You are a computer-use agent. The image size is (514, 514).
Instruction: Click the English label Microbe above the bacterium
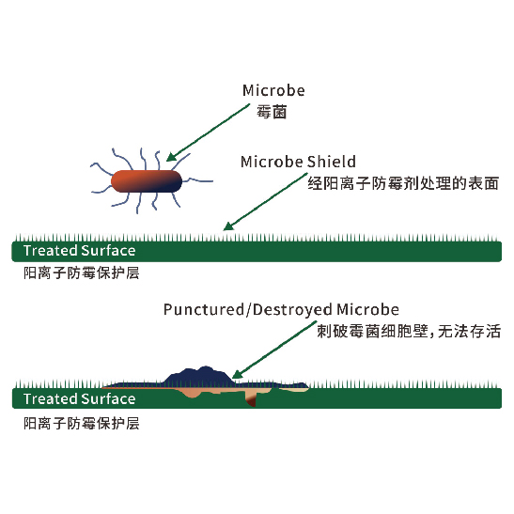[273, 90]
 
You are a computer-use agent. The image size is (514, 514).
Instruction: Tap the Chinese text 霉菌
[272, 112]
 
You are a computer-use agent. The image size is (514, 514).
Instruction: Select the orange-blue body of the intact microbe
[147, 181]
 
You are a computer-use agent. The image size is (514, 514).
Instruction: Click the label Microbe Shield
[298, 162]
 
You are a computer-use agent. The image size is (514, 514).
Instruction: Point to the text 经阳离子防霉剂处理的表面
[403, 183]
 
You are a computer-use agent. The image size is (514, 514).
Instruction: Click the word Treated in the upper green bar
[51, 251]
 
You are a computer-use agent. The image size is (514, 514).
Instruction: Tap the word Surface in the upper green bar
[108, 251]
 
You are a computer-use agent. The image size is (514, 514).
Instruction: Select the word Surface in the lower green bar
[108, 399]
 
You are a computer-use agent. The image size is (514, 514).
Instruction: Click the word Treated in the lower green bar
[51, 399]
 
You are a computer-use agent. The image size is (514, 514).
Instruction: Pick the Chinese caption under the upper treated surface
[82, 273]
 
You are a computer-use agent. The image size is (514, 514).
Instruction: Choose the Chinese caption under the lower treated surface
[82, 423]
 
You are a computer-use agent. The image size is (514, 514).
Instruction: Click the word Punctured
[204, 310]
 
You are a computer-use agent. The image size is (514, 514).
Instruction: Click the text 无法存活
[469, 331]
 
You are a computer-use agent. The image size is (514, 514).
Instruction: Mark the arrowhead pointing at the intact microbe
[172, 157]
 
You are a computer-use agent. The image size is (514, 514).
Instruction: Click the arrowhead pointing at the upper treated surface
[228, 226]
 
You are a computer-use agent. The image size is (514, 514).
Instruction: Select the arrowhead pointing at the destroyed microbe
[238, 374]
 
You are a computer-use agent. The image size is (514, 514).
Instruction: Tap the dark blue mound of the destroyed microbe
[200, 376]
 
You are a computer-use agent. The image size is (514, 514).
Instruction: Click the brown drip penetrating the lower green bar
[251, 399]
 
